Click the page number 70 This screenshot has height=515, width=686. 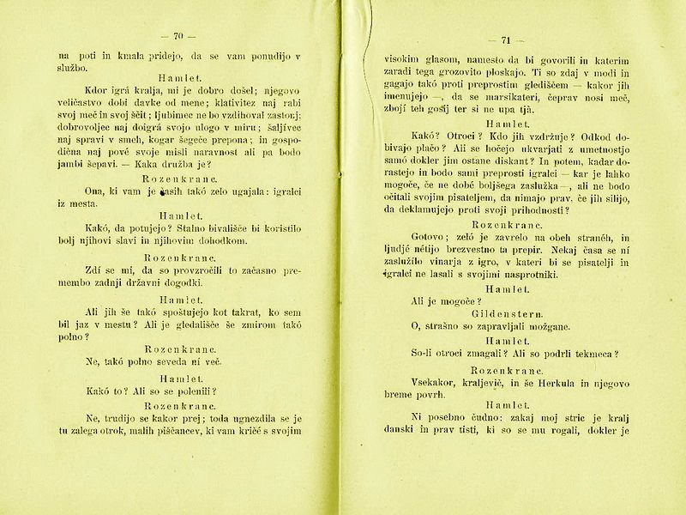179,35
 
